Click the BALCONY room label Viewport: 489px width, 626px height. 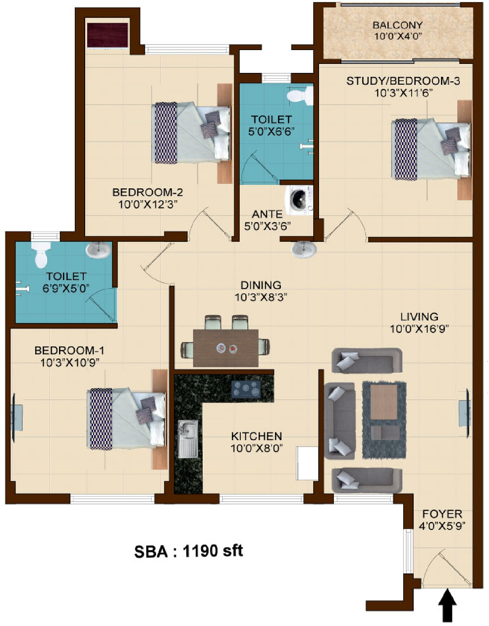(397, 25)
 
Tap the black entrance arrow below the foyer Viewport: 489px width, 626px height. (447, 605)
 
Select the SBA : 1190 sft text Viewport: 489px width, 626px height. (189, 551)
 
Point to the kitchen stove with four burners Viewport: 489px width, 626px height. (246, 389)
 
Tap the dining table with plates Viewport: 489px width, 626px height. (226, 348)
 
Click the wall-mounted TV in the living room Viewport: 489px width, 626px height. (466, 407)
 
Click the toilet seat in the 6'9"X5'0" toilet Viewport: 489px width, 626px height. (40, 255)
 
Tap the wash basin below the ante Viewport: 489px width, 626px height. (303, 249)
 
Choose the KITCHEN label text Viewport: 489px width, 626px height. (257, 436)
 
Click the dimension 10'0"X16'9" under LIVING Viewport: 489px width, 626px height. (419, 329)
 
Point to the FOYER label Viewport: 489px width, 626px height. (442, 514)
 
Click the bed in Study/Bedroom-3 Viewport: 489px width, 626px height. (432, 149)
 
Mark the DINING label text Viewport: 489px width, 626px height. (261, 285)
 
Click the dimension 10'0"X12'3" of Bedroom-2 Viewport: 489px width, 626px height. (148, 204)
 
